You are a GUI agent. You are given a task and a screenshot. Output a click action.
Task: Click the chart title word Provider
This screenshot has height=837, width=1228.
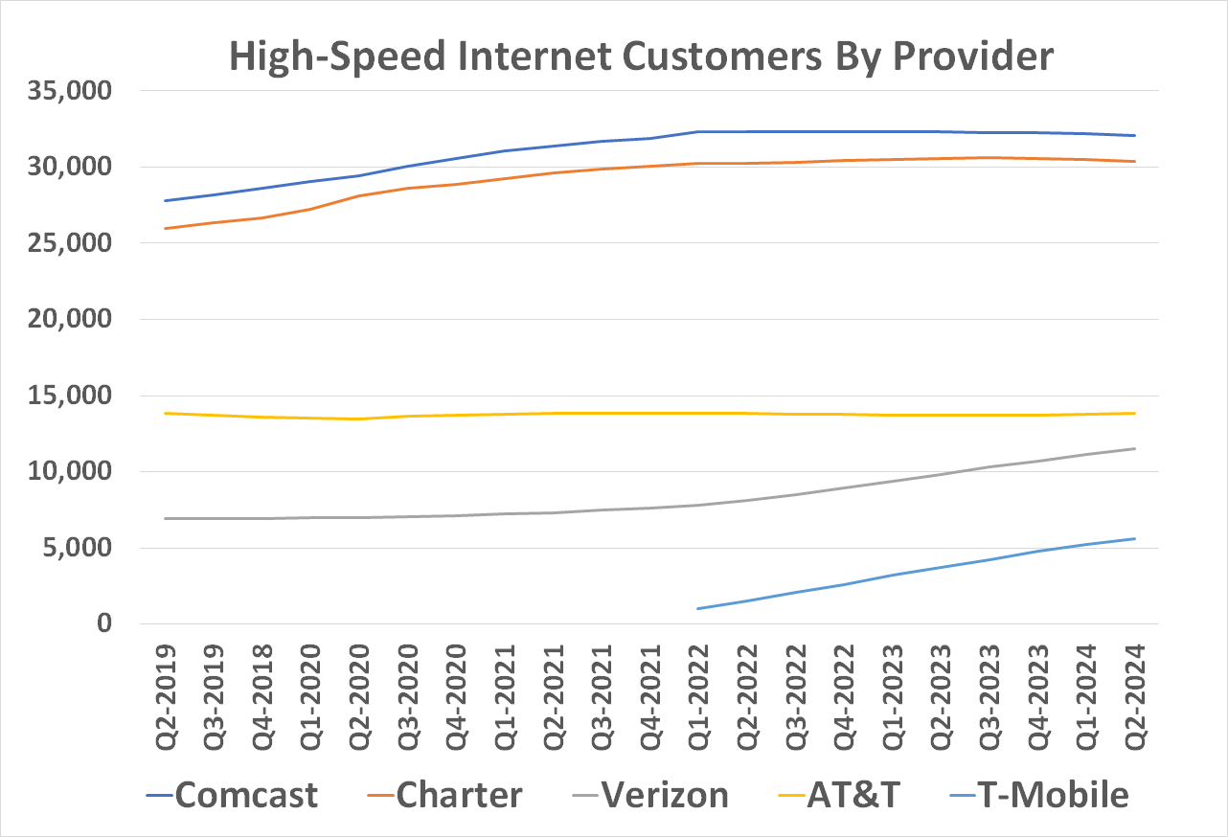973,57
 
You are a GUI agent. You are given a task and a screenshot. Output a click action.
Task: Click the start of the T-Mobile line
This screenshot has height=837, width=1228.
698,608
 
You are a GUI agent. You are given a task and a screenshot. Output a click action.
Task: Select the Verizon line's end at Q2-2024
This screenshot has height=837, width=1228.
1135,448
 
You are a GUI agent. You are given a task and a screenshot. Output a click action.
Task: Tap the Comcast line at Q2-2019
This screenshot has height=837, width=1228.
166,200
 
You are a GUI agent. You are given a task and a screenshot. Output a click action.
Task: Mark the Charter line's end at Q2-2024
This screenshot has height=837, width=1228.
1135,161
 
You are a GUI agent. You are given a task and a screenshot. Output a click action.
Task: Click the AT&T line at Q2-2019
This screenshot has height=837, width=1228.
166,413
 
